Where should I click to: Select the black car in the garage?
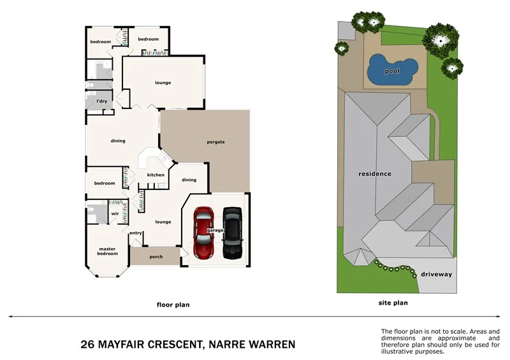point(232,234)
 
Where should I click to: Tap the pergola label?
point(216,141)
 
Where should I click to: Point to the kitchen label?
point(156,175)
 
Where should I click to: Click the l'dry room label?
point(101,101)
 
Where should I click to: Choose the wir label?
point(115,214)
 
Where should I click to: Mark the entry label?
point(135,233)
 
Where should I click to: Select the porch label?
point(156,257)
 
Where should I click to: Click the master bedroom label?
point(107,251)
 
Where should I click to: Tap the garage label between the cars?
point(215,230)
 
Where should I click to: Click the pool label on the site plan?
point(391,71)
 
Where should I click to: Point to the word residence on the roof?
point(374,173)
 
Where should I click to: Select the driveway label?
point(436,274)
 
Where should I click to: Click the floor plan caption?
point(173,305)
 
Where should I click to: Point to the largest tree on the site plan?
point(439,40)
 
